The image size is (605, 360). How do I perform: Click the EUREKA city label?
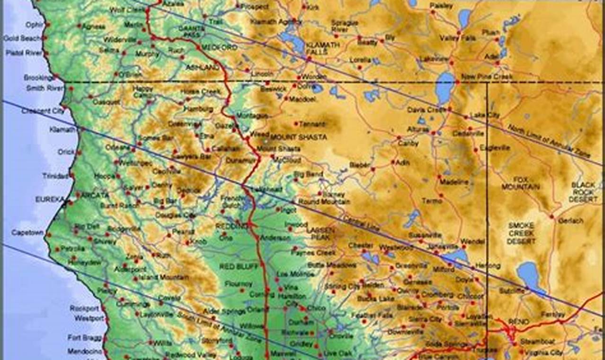tap(49, 200)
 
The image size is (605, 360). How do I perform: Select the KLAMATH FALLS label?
tap(323, 48)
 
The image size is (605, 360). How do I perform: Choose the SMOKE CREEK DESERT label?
tap(521, 233)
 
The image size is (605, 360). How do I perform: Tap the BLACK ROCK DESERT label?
tap(584, 192)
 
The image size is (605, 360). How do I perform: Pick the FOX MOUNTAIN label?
tap(526, 183)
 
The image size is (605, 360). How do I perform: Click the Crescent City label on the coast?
tap(43, 111)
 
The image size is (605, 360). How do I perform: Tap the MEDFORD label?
tap(219, 48)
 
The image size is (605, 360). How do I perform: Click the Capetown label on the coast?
tap(27, 233)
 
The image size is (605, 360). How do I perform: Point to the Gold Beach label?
tap(22, 38)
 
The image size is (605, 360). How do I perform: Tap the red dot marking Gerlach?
tap(552, 216)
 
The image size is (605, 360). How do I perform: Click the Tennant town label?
tap(312, 124)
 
